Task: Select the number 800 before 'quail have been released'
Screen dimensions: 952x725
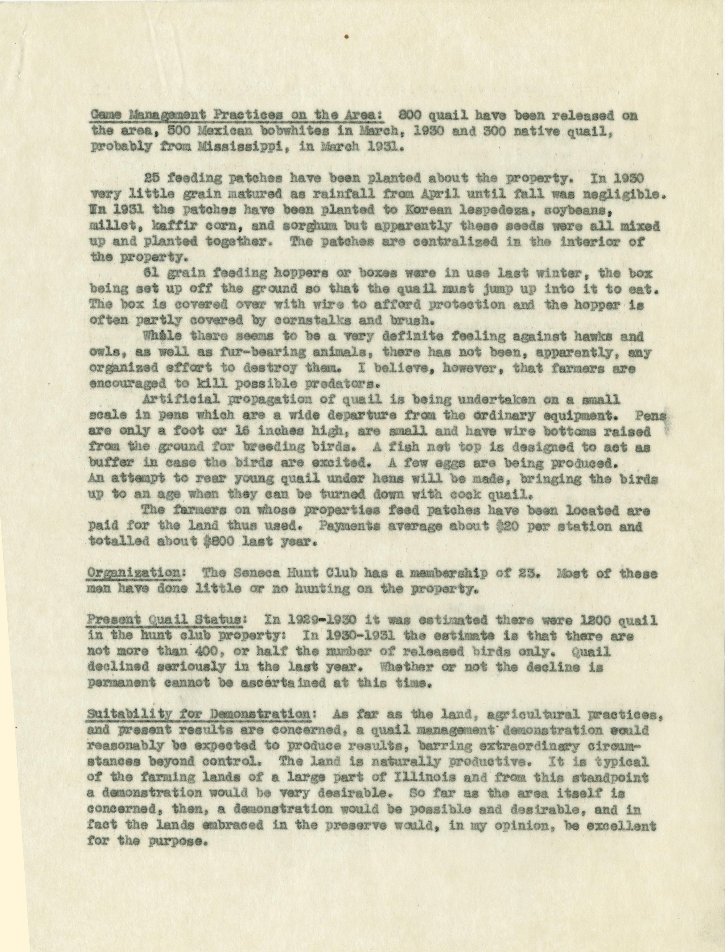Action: (408, 117)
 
